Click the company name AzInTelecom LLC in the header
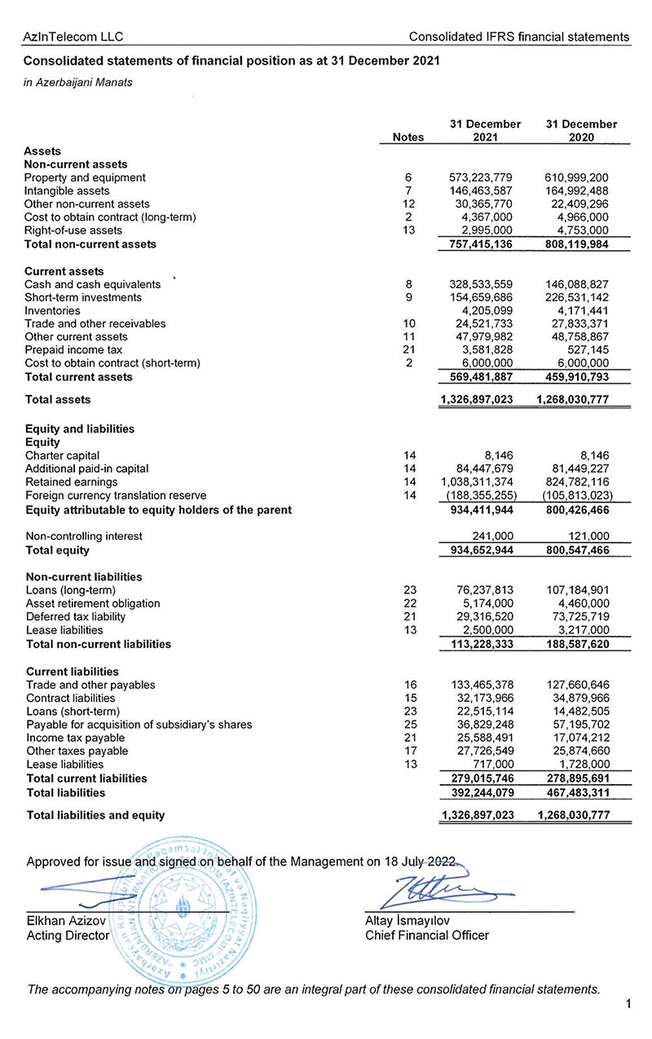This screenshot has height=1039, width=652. tap(73, 37)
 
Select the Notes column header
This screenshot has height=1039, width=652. tap(408, 138)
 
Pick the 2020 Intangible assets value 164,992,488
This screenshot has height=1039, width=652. tap(576, 191)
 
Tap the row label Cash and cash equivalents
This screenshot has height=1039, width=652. tap(92, 284)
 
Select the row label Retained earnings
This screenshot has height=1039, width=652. tap(72, 482)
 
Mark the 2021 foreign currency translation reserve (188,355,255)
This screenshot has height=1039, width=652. tap(481, 495)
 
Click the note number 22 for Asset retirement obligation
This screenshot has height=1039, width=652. tap(410, 603)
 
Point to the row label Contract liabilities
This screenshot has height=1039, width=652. tap(71, 698)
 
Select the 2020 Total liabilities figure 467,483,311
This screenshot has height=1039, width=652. tap(576, 792)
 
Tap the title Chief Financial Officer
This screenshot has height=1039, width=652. tap(427, 936)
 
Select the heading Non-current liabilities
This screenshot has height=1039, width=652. tap(84, 576)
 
